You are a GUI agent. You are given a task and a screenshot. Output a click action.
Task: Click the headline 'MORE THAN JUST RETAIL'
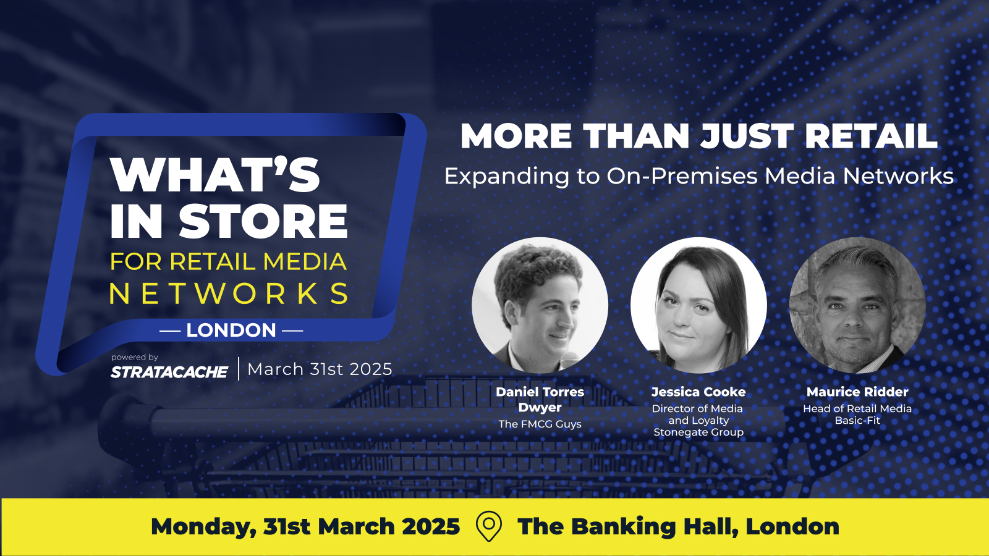[698, 136]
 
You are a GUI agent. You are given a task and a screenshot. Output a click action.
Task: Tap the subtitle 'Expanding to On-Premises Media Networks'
[698, 176]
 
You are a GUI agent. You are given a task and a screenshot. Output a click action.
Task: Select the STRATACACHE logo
[169, 372]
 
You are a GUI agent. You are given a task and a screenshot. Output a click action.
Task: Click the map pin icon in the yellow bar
[489, 526]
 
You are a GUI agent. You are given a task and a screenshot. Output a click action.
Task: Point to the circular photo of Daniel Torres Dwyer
[540, 305]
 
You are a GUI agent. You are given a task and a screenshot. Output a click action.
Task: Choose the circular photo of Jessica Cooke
[698, 305]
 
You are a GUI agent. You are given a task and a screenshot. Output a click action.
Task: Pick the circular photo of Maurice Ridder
[857, 305]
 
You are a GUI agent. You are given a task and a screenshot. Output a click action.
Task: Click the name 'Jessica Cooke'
[698, 392]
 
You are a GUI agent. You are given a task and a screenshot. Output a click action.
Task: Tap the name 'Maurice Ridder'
[857, 392]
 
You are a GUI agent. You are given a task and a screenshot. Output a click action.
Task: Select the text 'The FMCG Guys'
[540, 424]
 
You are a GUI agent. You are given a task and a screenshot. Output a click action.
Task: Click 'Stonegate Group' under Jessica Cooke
[698, 432]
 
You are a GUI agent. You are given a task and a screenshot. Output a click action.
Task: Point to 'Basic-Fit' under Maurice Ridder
[857, 421]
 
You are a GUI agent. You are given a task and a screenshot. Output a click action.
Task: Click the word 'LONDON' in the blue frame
[231, 330]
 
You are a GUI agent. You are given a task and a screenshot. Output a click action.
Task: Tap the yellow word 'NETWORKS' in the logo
[229, 293]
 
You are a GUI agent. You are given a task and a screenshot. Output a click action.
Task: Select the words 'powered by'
[135, 358]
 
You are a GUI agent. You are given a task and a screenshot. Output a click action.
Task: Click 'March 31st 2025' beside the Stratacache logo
[320, 369]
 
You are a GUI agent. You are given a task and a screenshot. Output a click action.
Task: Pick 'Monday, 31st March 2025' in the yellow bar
[305, 526]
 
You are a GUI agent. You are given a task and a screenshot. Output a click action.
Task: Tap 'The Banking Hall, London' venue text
[678, 526]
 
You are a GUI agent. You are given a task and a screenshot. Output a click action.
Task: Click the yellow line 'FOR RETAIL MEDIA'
[228, 261]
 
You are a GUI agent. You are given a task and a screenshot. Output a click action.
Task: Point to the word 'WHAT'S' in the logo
[215, 174]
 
